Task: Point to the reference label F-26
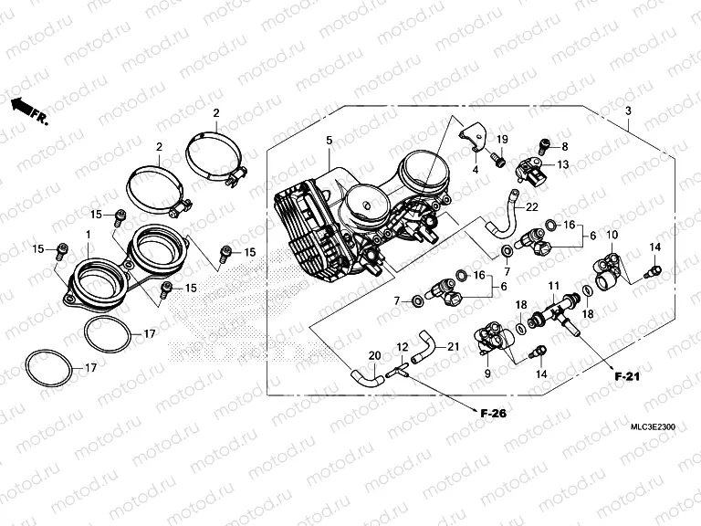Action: [x=493, y=413]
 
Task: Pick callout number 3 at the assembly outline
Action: [x=627, y=111]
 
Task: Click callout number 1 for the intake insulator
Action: [x=88, y=236]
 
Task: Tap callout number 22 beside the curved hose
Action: [x=530, y=209]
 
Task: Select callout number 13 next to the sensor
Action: [x=563, y=164]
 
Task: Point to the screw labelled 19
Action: [x=497, y=162]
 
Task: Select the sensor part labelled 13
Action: [x=530, y=170]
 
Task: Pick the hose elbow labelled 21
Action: [x=423, y=347]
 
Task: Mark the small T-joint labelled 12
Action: [x=394, y=371]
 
